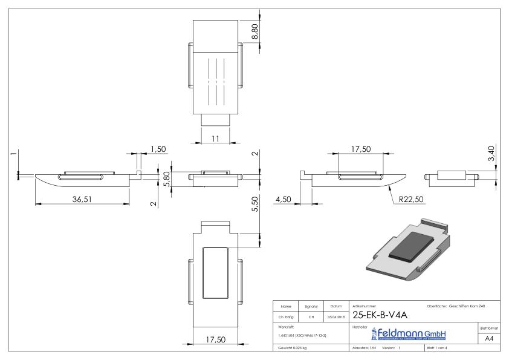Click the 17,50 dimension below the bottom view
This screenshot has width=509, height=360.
pyautogui.click(x=215, y=339)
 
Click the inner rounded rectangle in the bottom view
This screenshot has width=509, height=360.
pyautogui.click(x=215, y=273)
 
